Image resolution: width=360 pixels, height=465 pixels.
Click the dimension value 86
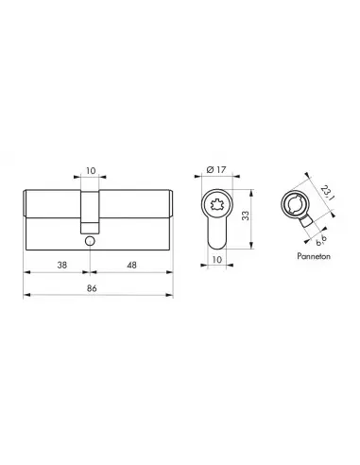click(92, 288)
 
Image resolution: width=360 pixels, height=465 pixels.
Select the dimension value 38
click(62, 266)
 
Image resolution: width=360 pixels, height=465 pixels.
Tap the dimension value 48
click(131, 266)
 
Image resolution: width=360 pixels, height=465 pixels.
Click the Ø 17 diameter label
click(216, 170)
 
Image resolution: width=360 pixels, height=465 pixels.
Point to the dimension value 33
click(246, 215)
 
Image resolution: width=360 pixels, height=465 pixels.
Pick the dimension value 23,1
click(327, 193)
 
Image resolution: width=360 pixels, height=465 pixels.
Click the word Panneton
click(314, 256)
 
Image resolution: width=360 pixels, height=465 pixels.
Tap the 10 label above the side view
click(91, 171)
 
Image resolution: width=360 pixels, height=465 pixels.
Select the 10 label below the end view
click(217, 260)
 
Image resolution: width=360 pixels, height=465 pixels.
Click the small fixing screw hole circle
click(90, 241)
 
